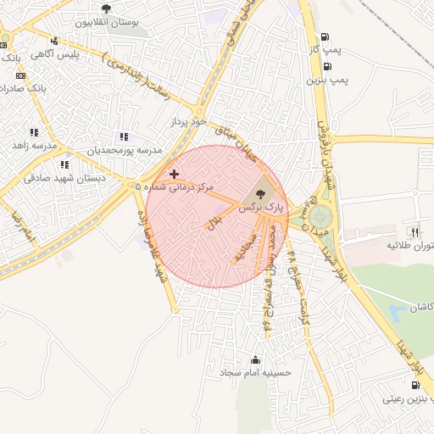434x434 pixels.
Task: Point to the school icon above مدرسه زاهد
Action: coord(34,132)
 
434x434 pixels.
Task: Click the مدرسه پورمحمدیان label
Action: coord(125,150)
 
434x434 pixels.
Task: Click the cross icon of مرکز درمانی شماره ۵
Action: coord(174,174)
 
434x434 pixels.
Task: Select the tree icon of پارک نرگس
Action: coord(259,194)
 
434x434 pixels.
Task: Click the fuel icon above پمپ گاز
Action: coord(325,36)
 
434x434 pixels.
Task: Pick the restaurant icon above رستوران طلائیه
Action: coord(415,231)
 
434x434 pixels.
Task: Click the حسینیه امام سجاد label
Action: coord(255,372)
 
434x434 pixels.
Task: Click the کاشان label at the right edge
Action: coord(421,305)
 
